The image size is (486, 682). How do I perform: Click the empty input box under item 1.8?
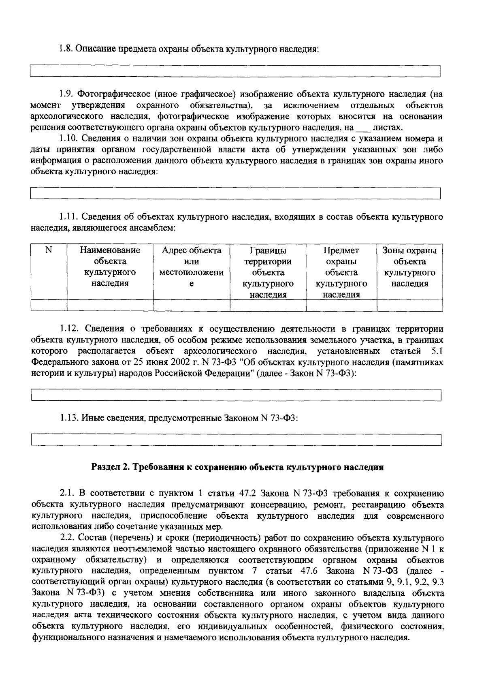(235, 72)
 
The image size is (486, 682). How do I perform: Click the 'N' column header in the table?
(49, 250)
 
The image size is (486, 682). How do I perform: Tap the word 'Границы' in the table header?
(268, 250)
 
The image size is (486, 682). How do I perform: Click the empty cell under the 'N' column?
(49, 305)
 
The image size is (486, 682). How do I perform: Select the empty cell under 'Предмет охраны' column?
(341, 305)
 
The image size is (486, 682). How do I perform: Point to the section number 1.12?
(68, 329)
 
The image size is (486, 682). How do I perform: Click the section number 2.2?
(67, 539)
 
